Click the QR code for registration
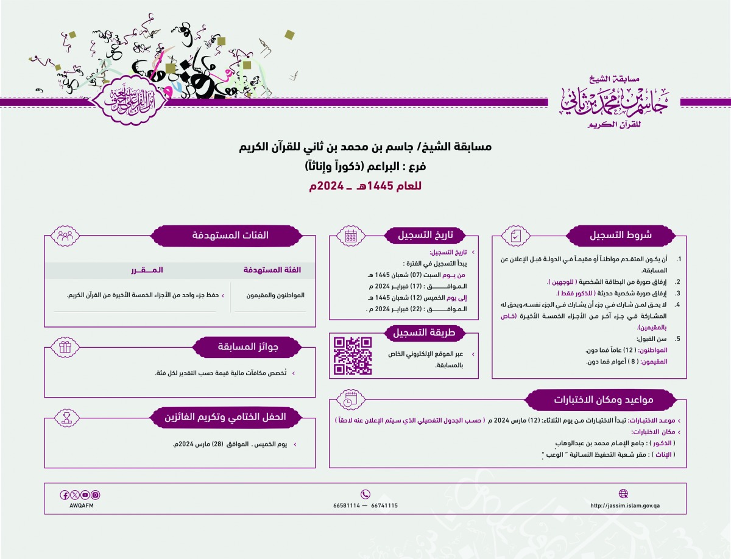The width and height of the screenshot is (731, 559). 353,356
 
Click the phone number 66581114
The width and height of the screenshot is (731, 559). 347,505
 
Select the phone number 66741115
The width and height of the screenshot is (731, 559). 384,505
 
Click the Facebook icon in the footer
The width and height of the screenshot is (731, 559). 65,495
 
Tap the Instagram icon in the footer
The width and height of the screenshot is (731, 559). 95,495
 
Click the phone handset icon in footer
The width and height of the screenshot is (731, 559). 365,494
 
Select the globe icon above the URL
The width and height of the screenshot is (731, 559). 623,494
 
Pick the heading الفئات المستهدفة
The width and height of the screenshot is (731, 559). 228,235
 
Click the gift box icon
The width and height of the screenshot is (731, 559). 65,347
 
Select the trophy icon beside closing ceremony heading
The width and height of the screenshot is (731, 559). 65,417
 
